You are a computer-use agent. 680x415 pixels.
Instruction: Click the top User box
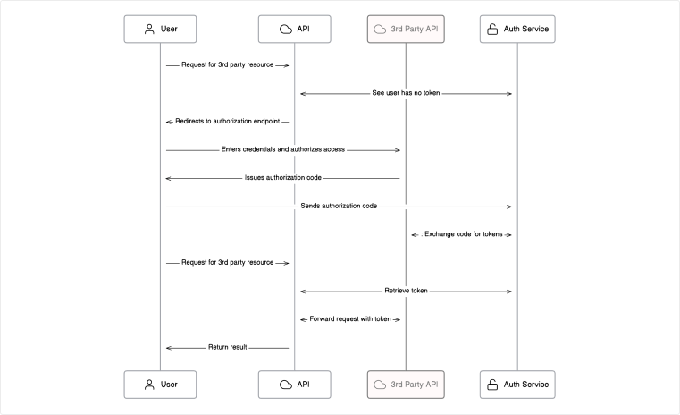pyautogui.click(x=161, y=29)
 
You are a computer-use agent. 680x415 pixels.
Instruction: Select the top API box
pyautogui.click(x=294, y=29)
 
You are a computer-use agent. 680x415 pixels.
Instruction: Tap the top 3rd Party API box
pyautogui.click(x=406, y=29)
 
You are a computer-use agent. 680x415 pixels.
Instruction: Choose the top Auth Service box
pyautogui.click(x=516, y=29)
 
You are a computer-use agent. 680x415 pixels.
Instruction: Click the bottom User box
pyautogui.click(x=161, y=384)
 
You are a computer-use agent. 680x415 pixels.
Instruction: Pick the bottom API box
pyautogui.click(x=294, y=384)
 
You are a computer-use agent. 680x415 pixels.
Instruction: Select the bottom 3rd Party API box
pyautogui.click(x=406, y=384)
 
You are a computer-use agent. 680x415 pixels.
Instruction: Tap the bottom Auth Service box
pyautogui.click(x=516, y=384)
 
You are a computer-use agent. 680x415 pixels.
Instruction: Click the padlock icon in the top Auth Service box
pyautogui.click(x=491, y=29)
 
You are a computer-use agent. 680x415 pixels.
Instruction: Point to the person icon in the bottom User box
pyautogui.click(x=149, y=384)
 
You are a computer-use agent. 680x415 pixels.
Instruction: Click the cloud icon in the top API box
pyautogui.click(x=285, y=29)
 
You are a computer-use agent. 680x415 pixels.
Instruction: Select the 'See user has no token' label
pyautogui.click(x=406, y=93)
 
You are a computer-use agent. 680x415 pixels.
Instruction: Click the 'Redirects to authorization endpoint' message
pyautogui.click(x=227, y=121)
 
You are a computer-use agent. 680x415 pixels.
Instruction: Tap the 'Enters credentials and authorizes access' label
pyautogui.click(x=282, y=149)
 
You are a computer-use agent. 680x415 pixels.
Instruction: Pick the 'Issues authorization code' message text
pyautogui.click(x=282, y=178)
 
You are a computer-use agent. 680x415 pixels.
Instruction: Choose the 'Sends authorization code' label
pyautogui.click(x=338, y=206)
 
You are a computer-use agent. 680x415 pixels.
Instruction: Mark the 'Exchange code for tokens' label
pyautogui.click(x=462, y=234)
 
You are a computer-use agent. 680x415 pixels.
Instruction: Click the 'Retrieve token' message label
pyautogui.click(x=406, y=291)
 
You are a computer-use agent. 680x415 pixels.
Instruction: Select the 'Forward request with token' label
pyautogui.click(x=350, y=319)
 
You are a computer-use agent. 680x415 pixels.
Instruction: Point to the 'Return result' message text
pyautogui.click(x=227, y=347)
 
